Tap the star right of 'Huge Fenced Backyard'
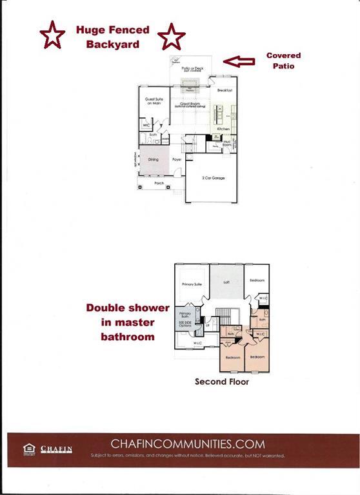point(172,37)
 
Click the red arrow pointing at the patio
point(238,62)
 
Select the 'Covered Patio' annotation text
point(283,61)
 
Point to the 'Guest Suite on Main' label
point(153,101)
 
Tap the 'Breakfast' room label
point(225,90)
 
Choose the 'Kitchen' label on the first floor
point(223,129)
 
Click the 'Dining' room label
point(154,159)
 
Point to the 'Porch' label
point(159,184)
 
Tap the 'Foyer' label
point(177,159)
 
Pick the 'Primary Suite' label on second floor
point(192,284)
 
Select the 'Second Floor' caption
point(222,382)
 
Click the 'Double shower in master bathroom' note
point(128,322)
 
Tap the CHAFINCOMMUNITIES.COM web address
point(188,443)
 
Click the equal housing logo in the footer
point(28,449)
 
